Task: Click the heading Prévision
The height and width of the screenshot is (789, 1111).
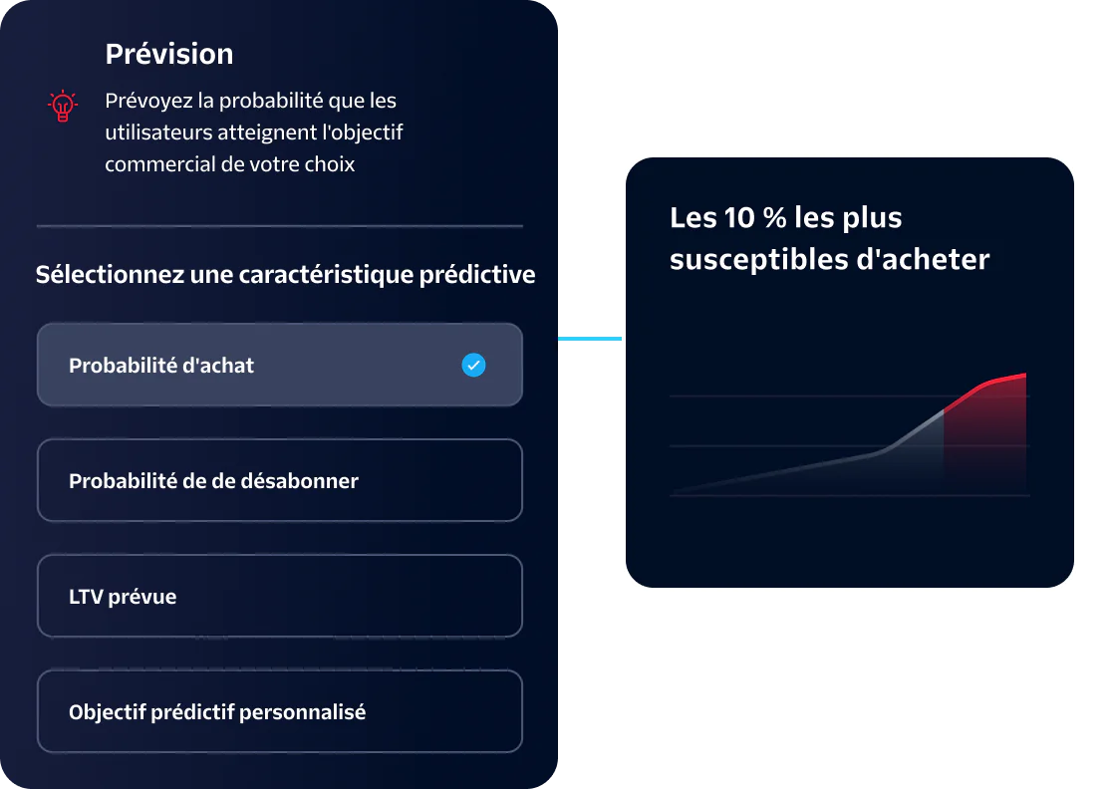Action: pos(169,54)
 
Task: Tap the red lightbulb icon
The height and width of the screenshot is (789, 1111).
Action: pos(63,106)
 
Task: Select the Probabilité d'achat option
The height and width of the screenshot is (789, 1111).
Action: pos(279,365)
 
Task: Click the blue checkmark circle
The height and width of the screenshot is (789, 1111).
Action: pos(474,366)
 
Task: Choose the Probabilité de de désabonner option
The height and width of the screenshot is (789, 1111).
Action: pos(279,480)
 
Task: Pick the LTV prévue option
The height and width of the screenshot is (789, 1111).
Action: pos(279,596)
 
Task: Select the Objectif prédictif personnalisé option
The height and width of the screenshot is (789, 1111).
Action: pos(279,711)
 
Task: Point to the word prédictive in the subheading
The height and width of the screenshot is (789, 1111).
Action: pos(482,275)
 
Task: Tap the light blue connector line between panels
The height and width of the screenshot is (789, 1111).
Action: pos(590,340)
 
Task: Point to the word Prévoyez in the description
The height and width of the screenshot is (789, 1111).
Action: pos(146,102)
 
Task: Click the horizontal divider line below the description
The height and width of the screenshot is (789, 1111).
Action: pos(279,226)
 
